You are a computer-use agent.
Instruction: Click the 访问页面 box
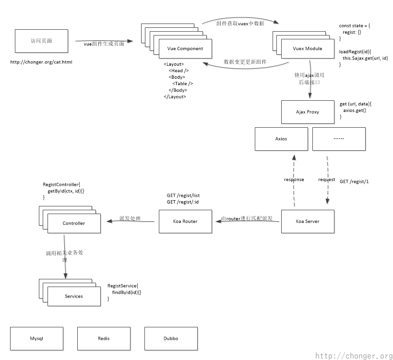coord(41,41)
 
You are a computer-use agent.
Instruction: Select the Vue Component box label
coord(185,48)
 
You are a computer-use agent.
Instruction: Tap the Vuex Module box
coord(308,48)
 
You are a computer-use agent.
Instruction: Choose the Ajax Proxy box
coord(308,112)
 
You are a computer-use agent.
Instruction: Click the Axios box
coord(281,138)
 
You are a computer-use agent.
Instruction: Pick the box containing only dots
coord(338,138)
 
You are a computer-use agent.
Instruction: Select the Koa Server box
coord(308,221)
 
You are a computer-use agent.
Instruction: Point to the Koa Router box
coord(185,221)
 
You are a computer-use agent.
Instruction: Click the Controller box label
coord(74,223)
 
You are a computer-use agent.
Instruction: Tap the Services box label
coord(74,296)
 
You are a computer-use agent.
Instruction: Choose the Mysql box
coord(36,338)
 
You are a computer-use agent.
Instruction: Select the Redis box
coord(104,338)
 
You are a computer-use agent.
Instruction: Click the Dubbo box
coord(171,338)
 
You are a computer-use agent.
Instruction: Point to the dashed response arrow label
coord(295,180)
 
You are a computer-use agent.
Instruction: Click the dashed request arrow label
coord(327,180)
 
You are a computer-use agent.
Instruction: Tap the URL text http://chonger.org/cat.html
coord(41,62)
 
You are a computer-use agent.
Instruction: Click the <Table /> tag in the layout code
coord(183,84)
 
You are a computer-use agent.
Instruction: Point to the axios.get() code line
coord(354,110)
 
